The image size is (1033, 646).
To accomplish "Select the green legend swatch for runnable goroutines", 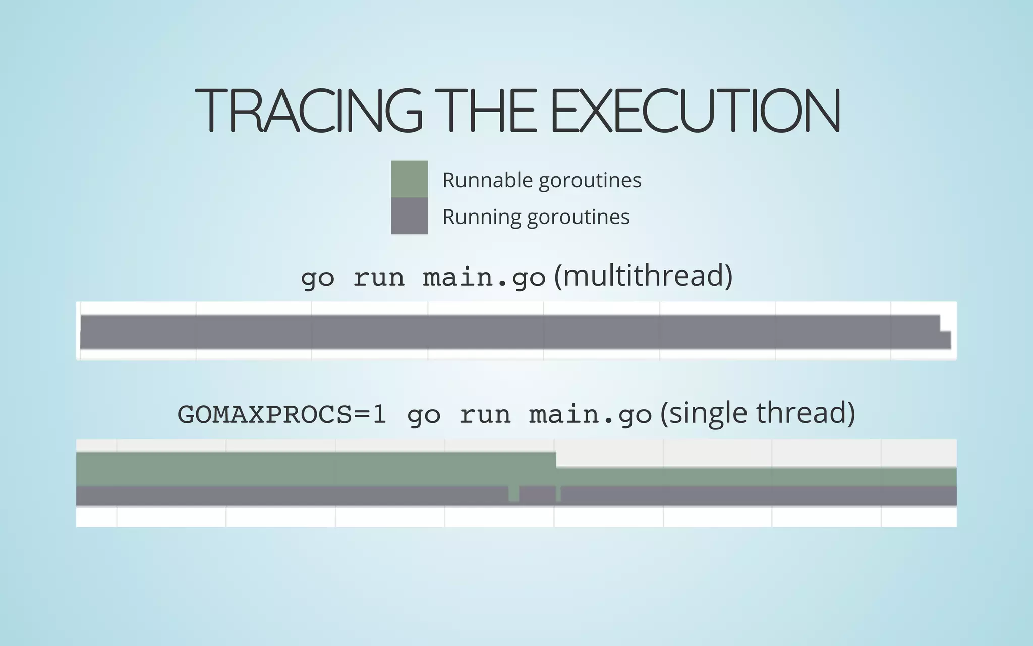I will [409, 179].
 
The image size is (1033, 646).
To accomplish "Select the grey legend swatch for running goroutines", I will [409, 216].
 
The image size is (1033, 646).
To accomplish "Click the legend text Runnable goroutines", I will [541, 180].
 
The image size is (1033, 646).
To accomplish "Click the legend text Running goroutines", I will [536, 217].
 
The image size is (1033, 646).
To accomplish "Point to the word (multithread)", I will [643, 276].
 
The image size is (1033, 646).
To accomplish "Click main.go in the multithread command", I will [484, 278].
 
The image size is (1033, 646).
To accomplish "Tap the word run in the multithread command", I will [379, 278].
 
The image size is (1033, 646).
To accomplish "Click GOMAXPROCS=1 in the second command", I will [281, 415].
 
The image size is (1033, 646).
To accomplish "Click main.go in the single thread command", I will [590, 415].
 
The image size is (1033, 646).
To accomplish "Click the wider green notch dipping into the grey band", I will [513, 493].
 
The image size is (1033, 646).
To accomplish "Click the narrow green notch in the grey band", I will [558, 493].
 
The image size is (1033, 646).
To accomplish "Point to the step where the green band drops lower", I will [556, 460].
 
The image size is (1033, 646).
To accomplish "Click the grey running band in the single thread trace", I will [303, 496].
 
